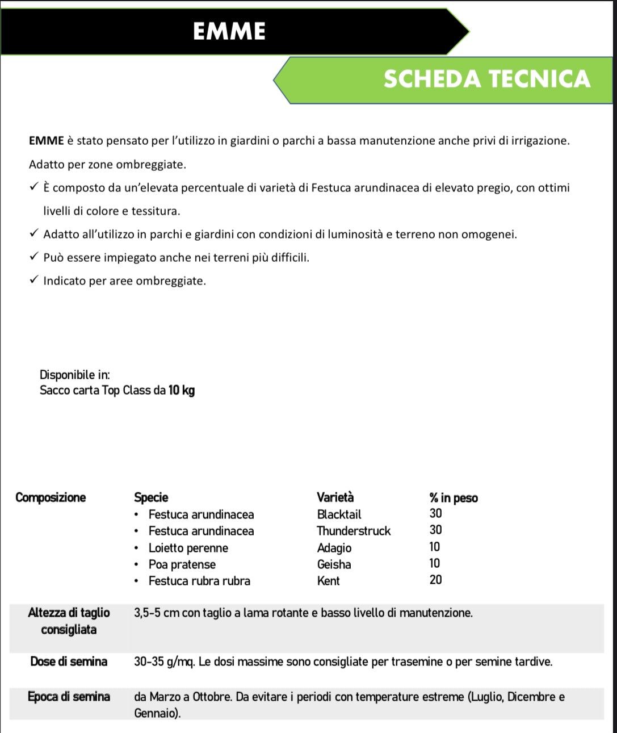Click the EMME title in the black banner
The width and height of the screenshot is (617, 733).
[229, 31]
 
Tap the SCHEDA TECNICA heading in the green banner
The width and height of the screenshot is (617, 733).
[487, 79]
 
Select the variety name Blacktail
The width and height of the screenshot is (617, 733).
[339, 514]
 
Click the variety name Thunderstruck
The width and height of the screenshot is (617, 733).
[354, 531]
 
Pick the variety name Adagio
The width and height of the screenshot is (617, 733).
[334, 548]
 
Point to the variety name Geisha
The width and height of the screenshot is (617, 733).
[334, 564]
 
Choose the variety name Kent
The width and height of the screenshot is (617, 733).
[328, 581]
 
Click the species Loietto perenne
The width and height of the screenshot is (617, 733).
[188, 548]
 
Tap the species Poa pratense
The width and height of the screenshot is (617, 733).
[182, 564]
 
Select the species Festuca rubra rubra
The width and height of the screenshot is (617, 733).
[199, 581]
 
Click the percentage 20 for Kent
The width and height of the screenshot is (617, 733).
[435, 580]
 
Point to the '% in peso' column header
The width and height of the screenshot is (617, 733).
[453, 498]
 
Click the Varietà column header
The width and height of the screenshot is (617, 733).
[335, 497]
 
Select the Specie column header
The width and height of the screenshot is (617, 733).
[151, 497]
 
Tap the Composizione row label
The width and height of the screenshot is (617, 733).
[51, 497]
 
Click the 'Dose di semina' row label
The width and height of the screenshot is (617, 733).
[69, 661]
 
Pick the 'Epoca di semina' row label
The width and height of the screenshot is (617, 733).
[69, 697]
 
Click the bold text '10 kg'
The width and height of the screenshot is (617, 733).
[182, 390]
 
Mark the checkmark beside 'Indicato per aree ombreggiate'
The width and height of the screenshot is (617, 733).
[34, 280]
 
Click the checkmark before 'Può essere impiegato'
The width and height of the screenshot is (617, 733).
[34, 257]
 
